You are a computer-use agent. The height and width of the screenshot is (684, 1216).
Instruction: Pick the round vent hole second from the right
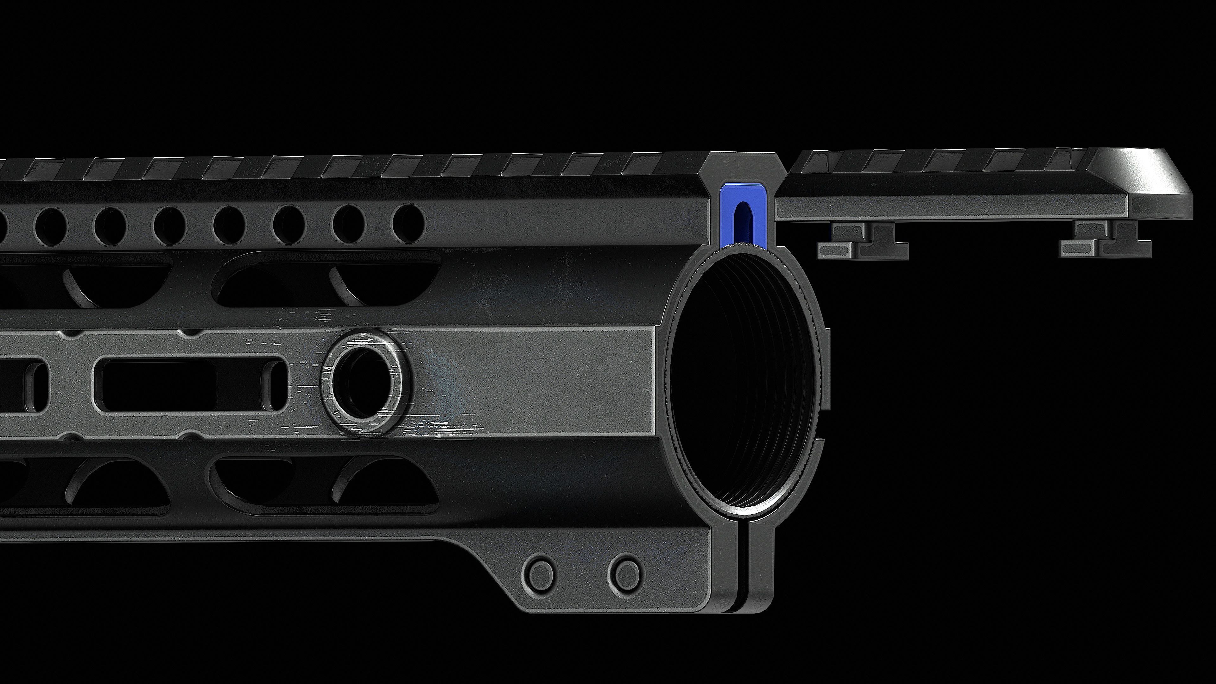pos(349,224)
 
